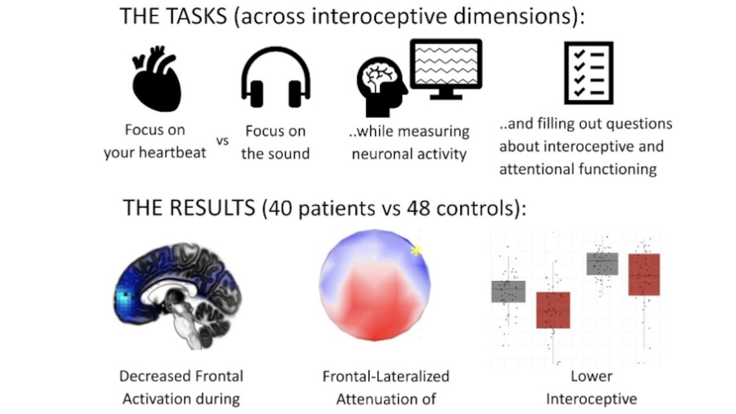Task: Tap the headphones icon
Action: [x=276, y=78]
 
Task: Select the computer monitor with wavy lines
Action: [x=446, y=69]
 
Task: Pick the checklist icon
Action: [x=588, y=73]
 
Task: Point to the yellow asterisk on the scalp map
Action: [x=417, y=250]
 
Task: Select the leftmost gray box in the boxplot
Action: [x=508, y=292]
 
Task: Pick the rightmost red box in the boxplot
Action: [x=644, y=274]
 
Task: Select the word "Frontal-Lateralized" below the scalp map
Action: [x=386, y=376]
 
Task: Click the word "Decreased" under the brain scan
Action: [x=152, y=376]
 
